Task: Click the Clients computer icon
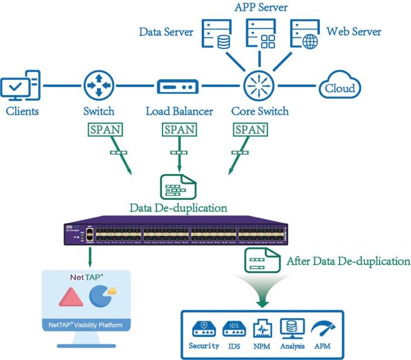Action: click(21, 87)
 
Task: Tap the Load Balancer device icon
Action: click(178, 87)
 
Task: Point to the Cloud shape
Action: click(340, 88)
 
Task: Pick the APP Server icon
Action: click(261, 34)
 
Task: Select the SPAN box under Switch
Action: click(105, 129)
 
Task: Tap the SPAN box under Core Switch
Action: click(249, 129)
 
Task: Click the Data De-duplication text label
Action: click(178, 208)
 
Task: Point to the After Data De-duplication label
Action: click(348, 261)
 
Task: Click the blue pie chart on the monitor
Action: click(100, 296)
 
